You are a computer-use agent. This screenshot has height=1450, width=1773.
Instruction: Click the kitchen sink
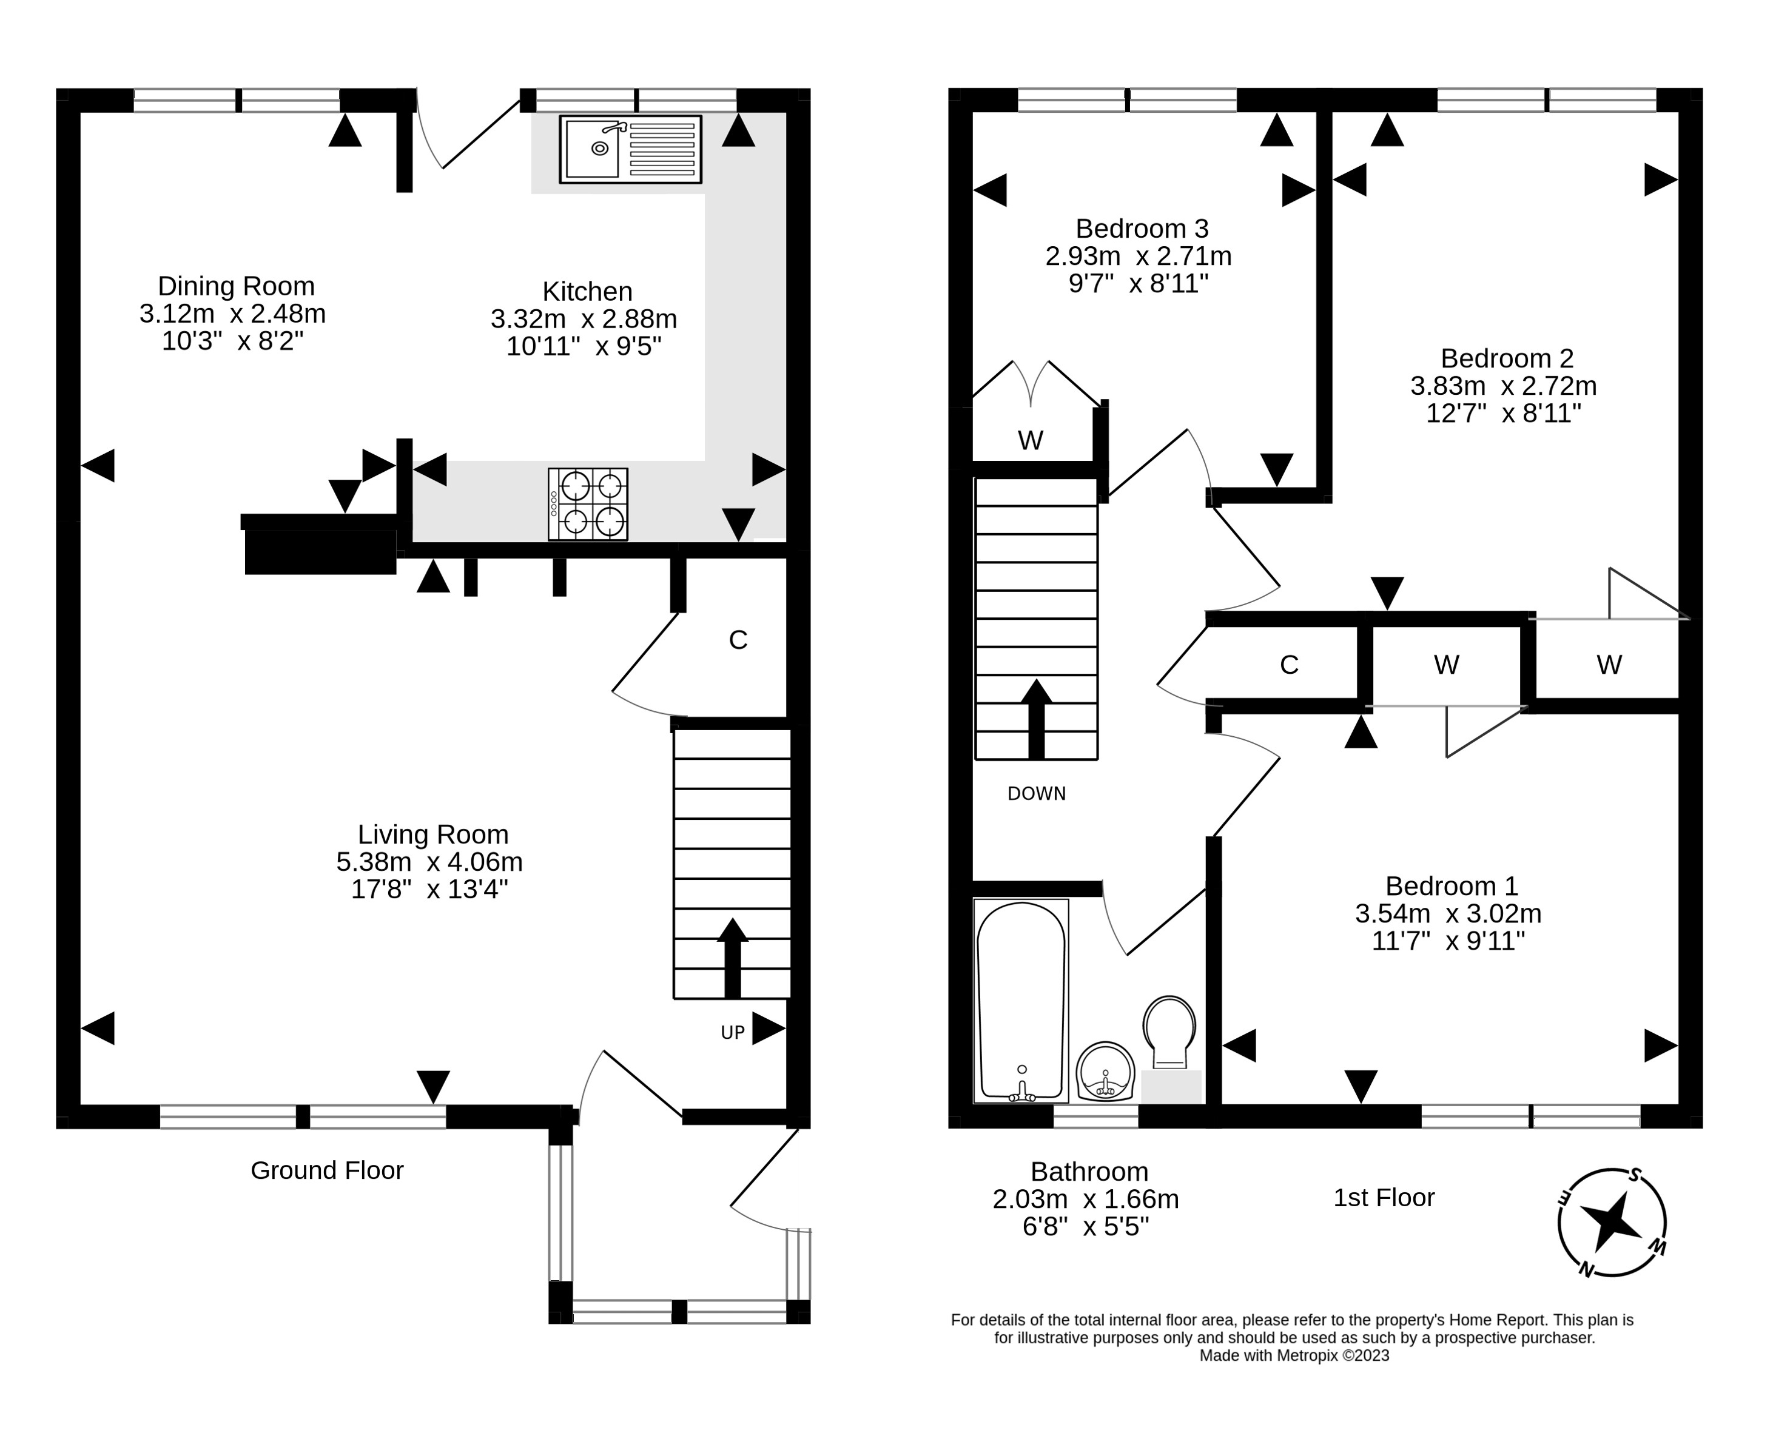[630, 150]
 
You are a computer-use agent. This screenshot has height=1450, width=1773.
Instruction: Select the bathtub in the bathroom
[1021, 1001]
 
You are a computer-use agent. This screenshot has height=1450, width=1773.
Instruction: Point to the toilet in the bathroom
[1169, 1033]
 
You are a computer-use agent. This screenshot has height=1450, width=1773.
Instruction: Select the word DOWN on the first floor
[1037, 793]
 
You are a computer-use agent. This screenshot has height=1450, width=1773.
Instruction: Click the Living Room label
[433, 834]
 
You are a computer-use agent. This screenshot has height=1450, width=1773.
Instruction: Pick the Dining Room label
[237, 286]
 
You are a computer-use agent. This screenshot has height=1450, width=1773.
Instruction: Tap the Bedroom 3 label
[1142, 228]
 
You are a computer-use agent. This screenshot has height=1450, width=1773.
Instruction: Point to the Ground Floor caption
[328, 1170]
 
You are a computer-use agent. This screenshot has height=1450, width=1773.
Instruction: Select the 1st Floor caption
[1384, 1198]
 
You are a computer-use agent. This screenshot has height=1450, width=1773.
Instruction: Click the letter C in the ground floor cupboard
[738, 640]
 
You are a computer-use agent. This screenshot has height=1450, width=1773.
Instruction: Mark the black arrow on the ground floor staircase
[733, 958]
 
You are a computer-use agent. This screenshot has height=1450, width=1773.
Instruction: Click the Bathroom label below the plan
[1089, 1172]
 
